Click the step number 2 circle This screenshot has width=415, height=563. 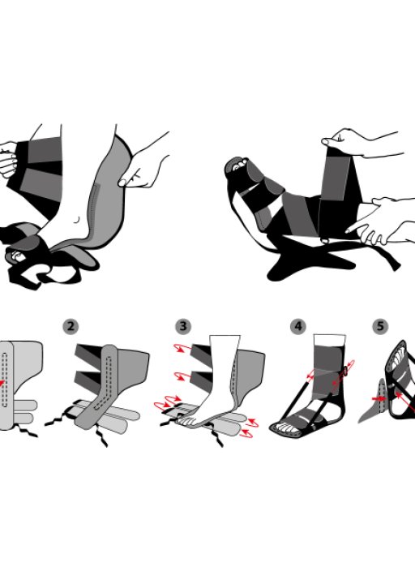pyautogui.click(x=71, y=326)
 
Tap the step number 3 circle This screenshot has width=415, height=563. pyautogui.click(x=184, y=326)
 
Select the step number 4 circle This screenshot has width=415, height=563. pyautogui.click(x=297, y=326)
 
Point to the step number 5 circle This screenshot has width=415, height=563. pyautogui.click(x=380, y=326)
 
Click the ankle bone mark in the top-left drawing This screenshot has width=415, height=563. pyautogui.click(x=76, y=219)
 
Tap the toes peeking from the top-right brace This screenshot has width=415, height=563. pyautogui.click(x=239, y=165)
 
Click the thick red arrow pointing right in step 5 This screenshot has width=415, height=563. pyautogui.click(x=379, y=398)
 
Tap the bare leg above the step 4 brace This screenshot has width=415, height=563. pyautogui.click(x=330, y=341)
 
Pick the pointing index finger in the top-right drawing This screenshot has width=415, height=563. pyautogui.click(x=359, y=227)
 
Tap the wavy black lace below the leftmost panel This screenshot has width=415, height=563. pyautogui.click(x=27, y=430)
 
